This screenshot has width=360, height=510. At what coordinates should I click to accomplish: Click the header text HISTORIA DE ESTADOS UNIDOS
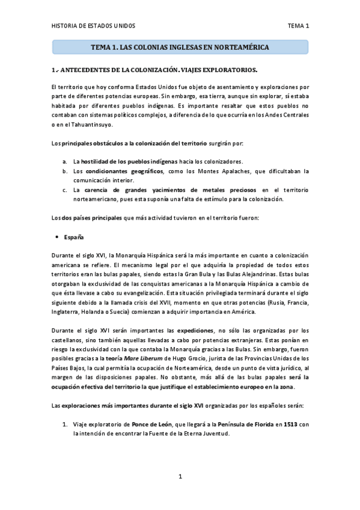[x=93, y=26]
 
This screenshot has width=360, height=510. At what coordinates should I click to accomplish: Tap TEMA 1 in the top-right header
[x=298, y=26]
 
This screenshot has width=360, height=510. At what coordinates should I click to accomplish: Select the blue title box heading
[x=180, y=46]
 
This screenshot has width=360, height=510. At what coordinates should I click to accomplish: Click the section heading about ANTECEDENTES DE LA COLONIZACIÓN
[x=154, y=69]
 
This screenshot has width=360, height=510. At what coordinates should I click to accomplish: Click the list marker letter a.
[x=65, y=162]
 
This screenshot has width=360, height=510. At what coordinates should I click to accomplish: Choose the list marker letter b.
[x=65, y=171]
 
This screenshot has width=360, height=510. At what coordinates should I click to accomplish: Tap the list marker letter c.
[x=65, y=189]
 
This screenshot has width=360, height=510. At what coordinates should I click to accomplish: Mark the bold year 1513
[x=291, y=425]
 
